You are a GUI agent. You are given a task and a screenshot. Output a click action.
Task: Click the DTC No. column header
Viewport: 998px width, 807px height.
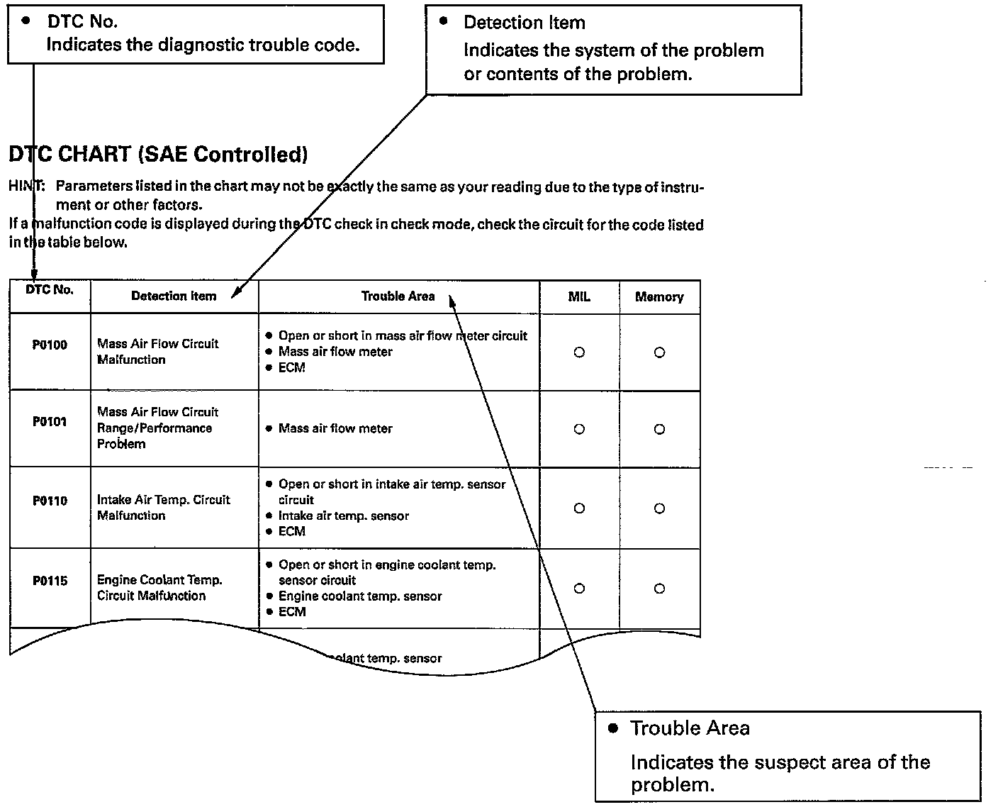tap(50, 290)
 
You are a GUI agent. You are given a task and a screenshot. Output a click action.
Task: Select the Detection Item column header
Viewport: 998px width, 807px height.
tap(174, 296)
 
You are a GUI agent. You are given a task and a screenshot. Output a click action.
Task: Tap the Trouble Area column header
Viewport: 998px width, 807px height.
tap(398, 296)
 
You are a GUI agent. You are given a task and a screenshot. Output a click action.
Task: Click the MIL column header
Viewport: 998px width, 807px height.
tap(579, 297)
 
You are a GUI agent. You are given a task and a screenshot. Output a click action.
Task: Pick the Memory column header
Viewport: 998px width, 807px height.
tap(659, 297)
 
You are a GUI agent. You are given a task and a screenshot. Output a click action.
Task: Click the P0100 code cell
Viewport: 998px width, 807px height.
tap(50, 345)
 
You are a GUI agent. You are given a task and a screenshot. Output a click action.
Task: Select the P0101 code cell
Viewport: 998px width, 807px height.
tap(50, 422)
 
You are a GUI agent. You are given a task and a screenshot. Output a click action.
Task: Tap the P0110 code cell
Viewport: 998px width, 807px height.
tap(50, 501)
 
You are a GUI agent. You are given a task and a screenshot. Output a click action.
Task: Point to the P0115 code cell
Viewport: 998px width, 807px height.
tap(50, 581)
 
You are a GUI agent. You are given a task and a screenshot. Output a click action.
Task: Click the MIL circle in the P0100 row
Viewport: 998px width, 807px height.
tap(579, 352)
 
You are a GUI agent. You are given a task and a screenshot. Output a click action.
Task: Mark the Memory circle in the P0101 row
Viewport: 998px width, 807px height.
tap(659, 429)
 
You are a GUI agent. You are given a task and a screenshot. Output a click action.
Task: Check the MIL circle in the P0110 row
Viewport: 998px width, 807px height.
tap(579, 508)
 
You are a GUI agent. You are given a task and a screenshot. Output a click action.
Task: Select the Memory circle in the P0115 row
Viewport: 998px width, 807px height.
tap(659, 589)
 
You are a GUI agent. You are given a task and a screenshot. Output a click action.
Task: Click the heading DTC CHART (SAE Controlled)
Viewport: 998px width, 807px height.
tap(158, 154)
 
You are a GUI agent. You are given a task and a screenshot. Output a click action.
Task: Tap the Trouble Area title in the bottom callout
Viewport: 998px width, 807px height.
tap(690, 728)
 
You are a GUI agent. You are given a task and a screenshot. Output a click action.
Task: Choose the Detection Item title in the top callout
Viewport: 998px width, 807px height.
tap(525, 23)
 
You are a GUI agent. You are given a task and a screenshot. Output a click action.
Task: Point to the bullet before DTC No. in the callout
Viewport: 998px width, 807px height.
tap(26, 21)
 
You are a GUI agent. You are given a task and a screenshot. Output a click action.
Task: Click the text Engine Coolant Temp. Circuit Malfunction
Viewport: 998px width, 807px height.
tap(159, 588)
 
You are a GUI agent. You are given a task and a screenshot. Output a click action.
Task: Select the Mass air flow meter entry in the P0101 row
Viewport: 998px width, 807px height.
tap(335, 428)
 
